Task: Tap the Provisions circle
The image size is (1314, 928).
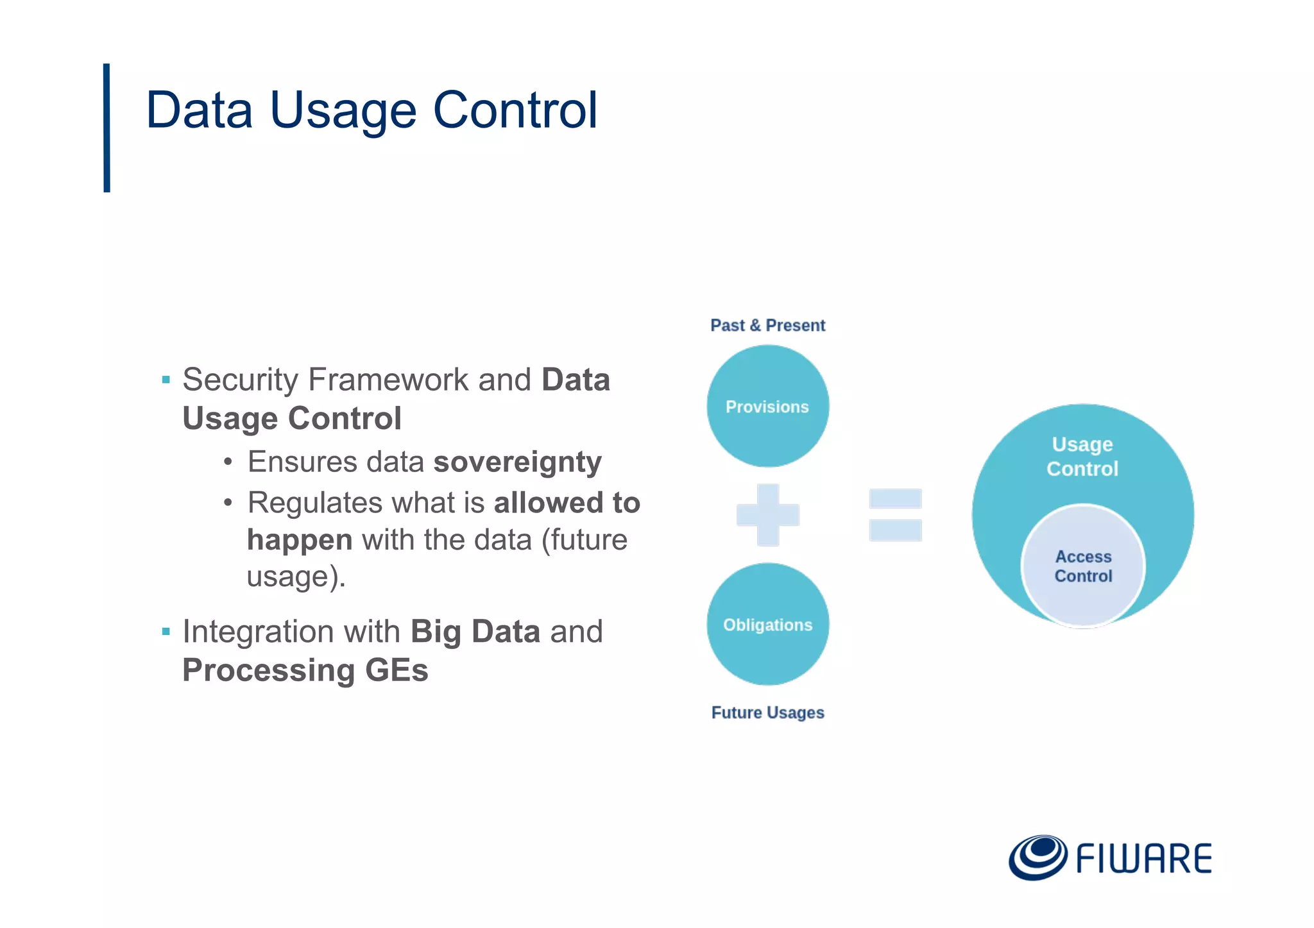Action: tap(767, 406)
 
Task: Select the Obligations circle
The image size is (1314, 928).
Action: tap(767, 624)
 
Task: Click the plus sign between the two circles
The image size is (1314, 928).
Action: tap(767, 514)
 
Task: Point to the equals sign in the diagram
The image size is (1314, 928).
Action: tap(895, 514)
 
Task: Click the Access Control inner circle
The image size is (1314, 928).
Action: tap(1083, 566)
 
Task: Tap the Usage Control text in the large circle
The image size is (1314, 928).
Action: tap(1082, 456)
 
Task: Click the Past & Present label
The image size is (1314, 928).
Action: tap(767, 325)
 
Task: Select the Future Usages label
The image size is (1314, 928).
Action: tap(767, 713)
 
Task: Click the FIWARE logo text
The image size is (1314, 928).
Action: tap(1143, 859)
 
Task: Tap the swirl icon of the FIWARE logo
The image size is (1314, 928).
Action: tap(1037, 857)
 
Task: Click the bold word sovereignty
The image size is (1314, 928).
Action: tap(517, 462)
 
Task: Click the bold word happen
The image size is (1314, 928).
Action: tap(300, 539)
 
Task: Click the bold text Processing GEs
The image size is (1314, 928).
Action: tap(305, 670)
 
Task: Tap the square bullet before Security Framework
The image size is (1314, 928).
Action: tap(166, 380)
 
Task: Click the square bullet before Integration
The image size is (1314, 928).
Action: tap(166, 632)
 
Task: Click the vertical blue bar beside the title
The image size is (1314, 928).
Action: tap(107, 128)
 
